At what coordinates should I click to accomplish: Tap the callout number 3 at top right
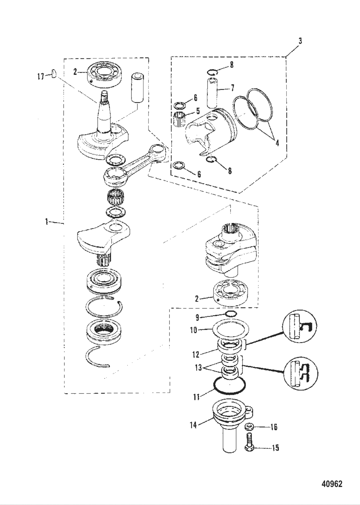pos(300,41)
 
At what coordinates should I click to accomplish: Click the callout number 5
pos(198,111)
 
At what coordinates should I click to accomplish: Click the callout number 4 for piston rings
pos(277,142)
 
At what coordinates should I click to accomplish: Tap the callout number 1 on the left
pos(47,222)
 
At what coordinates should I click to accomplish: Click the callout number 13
pos(198,368)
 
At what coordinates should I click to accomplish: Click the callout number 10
pos(194,330)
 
